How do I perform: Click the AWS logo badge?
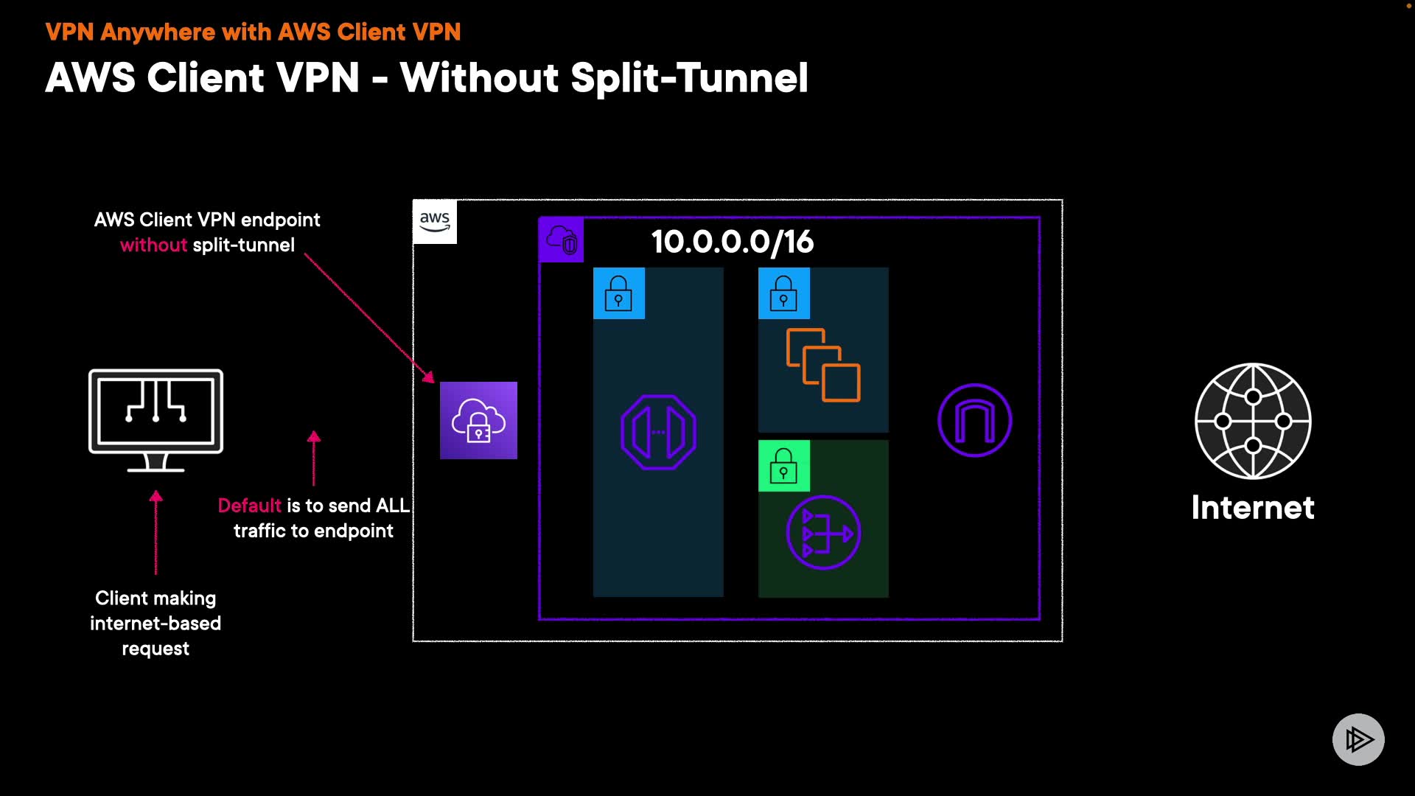click(x=435, y=221)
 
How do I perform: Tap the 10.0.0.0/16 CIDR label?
click(x=732, y=242)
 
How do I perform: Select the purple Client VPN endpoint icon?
click(x=478, y=420)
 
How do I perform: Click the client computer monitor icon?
click(x=156, y=419)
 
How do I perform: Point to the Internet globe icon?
click(x=1253, y=421)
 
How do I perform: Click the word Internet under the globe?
click(x=1253, y=508)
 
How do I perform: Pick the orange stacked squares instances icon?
click(x=823, y=365)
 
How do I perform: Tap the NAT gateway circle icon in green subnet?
click(x=823, y=532)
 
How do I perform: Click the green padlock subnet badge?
click(x=783, y=466)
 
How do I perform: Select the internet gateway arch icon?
click(x=974, y=420)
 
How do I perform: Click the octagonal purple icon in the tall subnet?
click(x=658, y=432)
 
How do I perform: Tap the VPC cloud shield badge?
click(x=562, y=240)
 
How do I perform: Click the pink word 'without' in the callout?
click(x=153, y=245)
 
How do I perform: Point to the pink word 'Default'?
click(x=249, y=506)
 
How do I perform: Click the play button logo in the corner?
click(x=1358, y=739)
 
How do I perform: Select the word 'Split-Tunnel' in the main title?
click(x=689, y=78)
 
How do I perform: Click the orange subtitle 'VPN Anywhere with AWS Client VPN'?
click(x=253, y=32)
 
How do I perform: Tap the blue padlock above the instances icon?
click(x=783, y=293)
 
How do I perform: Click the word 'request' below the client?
click(x=156, y=649)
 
